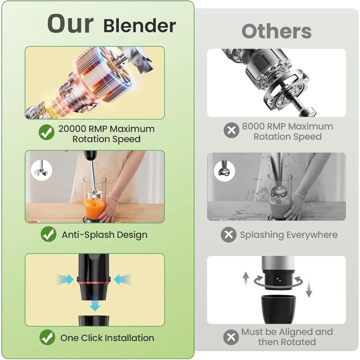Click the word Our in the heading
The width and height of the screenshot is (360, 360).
(70, 24)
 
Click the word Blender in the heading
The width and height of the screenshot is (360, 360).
(140, 25)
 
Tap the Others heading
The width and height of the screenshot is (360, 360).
(276, 31)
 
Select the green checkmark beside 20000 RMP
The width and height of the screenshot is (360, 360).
(47, 132)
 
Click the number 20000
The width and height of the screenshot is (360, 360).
(72, 129)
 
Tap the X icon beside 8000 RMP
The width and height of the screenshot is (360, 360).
(231, 130)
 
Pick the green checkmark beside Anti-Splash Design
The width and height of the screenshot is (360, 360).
(49, 234)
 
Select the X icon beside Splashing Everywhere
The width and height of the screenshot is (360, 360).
(229, 234)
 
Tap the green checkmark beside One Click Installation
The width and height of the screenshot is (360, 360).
(47, 337)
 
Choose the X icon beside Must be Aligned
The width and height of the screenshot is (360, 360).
(231, 337)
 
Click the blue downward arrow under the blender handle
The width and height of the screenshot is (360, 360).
(95, 304)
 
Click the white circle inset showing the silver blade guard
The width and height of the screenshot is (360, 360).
(41, 170)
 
